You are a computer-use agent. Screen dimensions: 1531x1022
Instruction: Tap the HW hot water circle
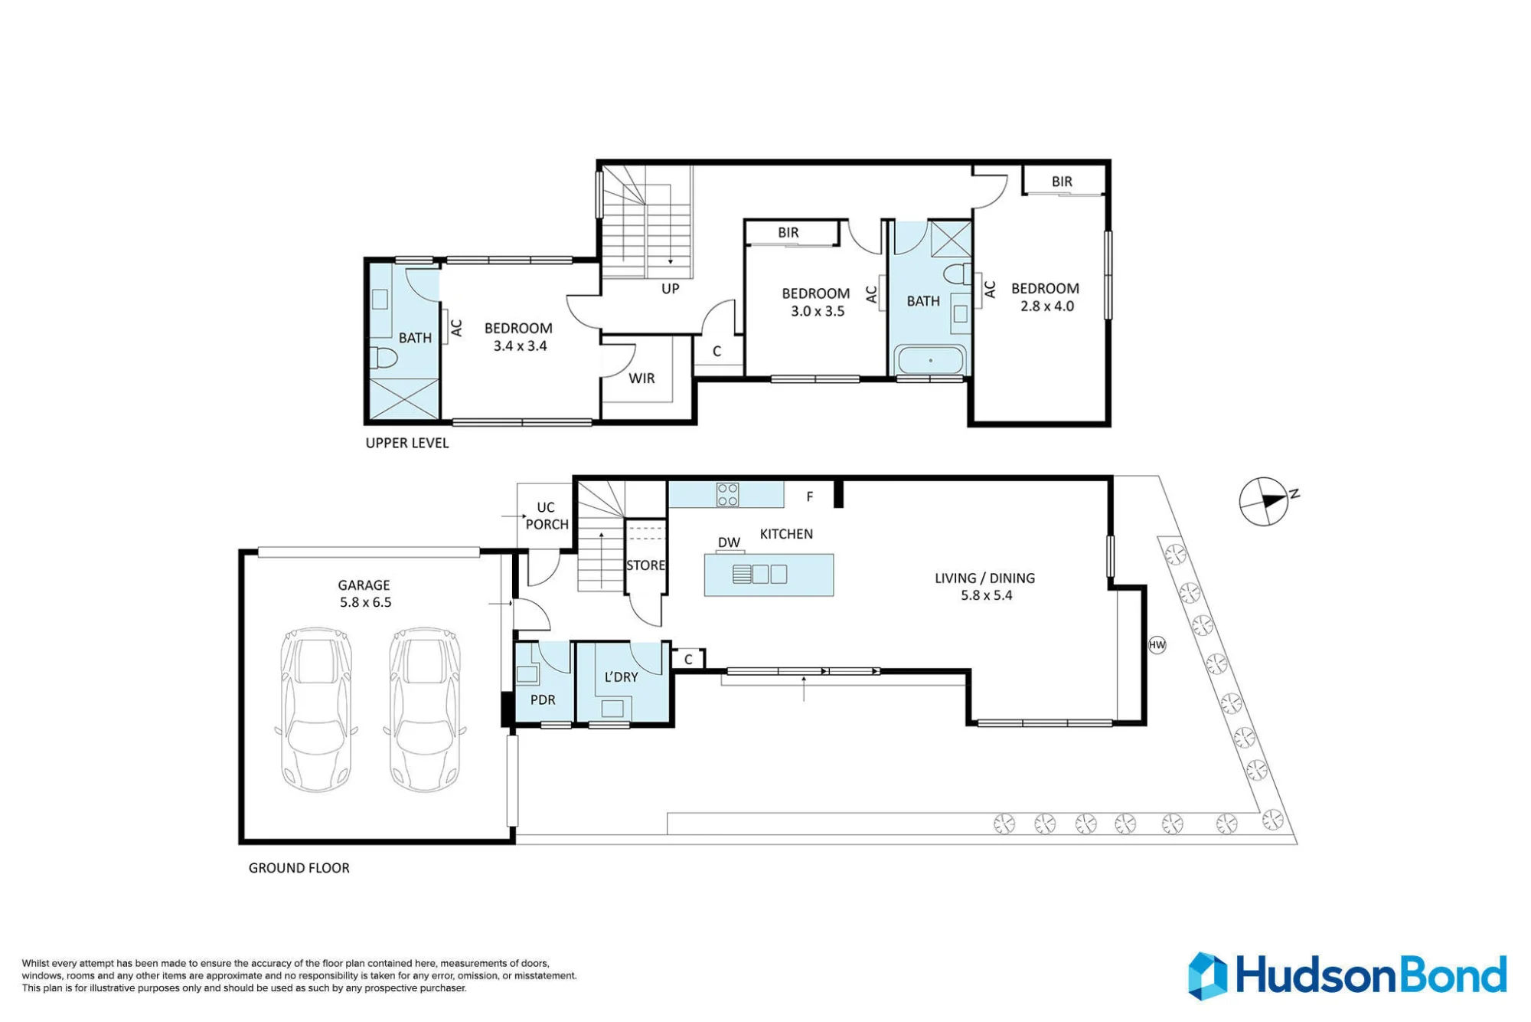1157,645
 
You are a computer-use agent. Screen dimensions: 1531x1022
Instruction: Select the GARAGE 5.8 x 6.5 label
365,594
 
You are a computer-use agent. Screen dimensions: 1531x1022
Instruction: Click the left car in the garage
316,710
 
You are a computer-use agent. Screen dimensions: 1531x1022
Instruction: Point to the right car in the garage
425,710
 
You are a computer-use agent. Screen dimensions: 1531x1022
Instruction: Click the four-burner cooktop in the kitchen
727,495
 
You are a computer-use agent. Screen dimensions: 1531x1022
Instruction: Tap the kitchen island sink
760,574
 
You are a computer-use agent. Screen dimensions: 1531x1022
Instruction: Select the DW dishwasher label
729,542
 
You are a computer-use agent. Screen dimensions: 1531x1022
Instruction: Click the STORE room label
645,565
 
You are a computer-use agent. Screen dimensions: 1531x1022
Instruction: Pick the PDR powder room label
543,699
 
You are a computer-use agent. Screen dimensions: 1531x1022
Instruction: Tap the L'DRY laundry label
621,677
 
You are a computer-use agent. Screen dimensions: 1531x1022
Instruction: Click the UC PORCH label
547,516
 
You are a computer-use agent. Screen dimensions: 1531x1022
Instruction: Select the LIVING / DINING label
984,578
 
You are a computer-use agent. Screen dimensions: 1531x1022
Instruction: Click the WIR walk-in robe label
641,378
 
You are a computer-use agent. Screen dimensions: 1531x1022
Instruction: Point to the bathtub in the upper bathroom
930,360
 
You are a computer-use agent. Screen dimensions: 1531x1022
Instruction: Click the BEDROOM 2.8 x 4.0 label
1046,297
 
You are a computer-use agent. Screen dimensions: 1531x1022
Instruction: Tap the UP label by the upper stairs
670,289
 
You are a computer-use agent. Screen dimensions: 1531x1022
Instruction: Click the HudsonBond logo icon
1208,976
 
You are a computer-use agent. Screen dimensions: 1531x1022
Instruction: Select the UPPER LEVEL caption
407,443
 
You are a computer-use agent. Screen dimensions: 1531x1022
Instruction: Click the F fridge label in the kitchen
810,496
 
